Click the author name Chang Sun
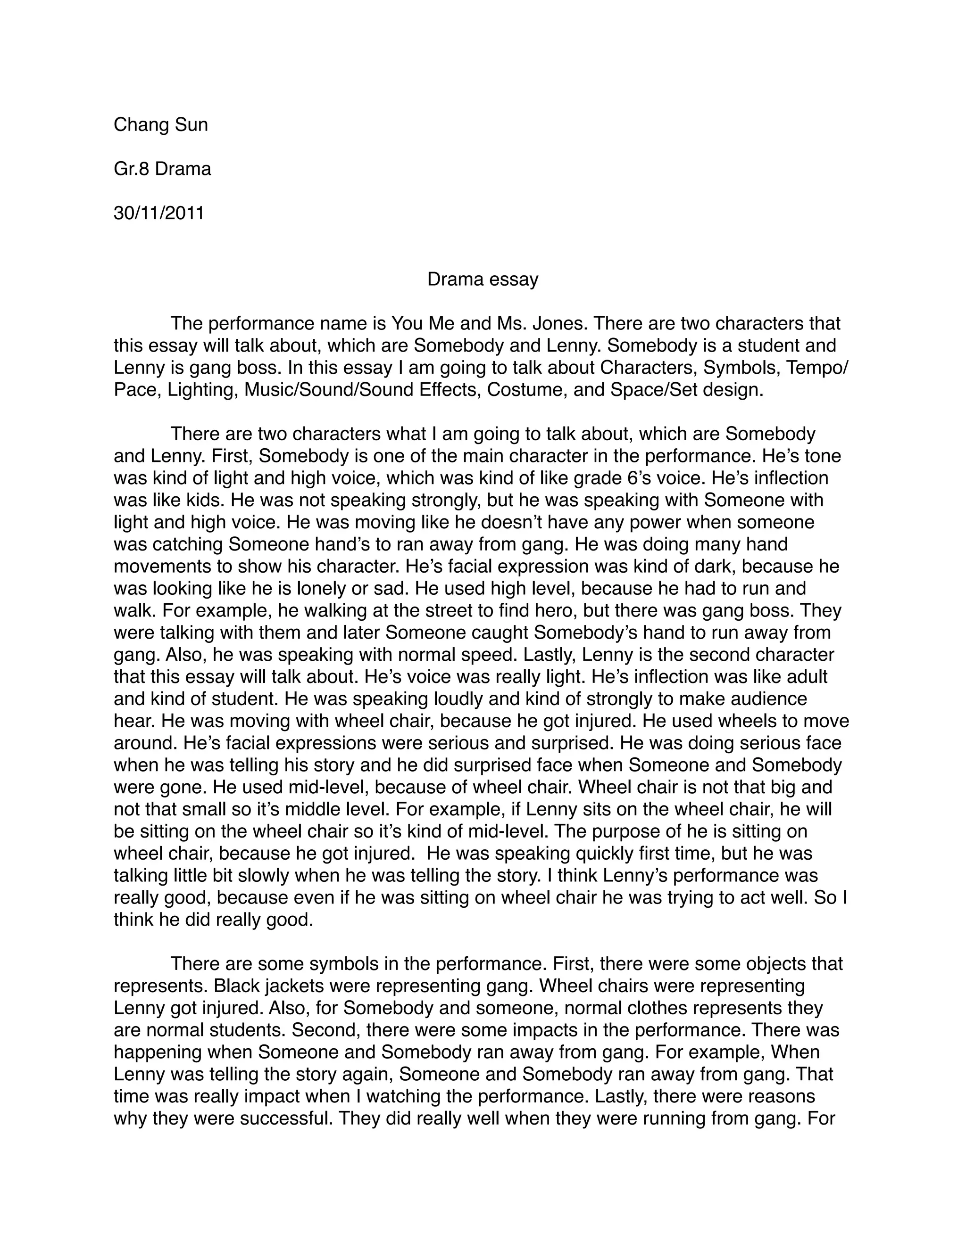(x=161, y=125)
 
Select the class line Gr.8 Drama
(x=163, y=169)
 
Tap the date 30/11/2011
(x=159, y=214)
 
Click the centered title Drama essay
(x=483, y=279)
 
